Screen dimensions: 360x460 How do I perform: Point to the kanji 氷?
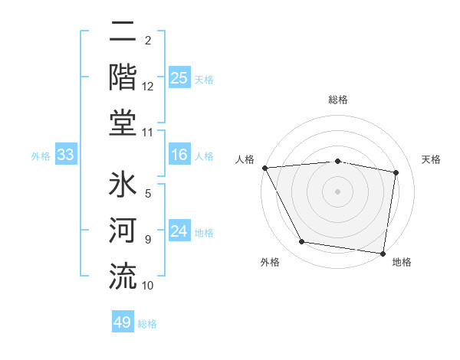tap(122, 186)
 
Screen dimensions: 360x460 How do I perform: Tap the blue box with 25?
tap(179, 78)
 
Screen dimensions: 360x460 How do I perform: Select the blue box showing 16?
tap(179, 155)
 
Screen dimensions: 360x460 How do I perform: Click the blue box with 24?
tap(179, 232)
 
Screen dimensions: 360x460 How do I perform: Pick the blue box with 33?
tap(65, 155)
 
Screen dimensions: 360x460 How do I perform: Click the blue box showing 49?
tap(122, 322)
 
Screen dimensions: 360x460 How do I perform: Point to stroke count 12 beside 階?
tap(148, 87)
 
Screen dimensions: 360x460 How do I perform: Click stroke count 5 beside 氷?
tap(148, 194)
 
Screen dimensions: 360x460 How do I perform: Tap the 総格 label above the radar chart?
tap(338, 100)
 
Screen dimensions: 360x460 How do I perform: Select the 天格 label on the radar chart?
tap(431, 159)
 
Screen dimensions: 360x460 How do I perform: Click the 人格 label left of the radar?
tap(245, 159)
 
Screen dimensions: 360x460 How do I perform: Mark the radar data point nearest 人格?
tap(264, 168)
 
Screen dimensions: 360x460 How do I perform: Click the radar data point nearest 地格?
tap(383, 252)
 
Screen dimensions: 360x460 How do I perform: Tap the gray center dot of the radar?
tap(337, 191)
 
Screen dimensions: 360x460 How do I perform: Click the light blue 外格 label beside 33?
tap(41, 156)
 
